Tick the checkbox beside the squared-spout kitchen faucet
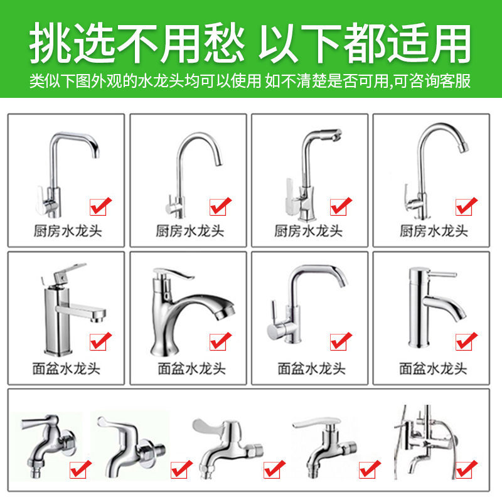pyautogui.click(x=100, y=205)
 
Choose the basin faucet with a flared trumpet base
pyautogui.click(x=185, y=307)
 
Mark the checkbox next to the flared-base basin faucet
pyautogui.click(x=220, y=342)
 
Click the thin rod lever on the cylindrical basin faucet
pyautogui.click(x=439, y=274)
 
